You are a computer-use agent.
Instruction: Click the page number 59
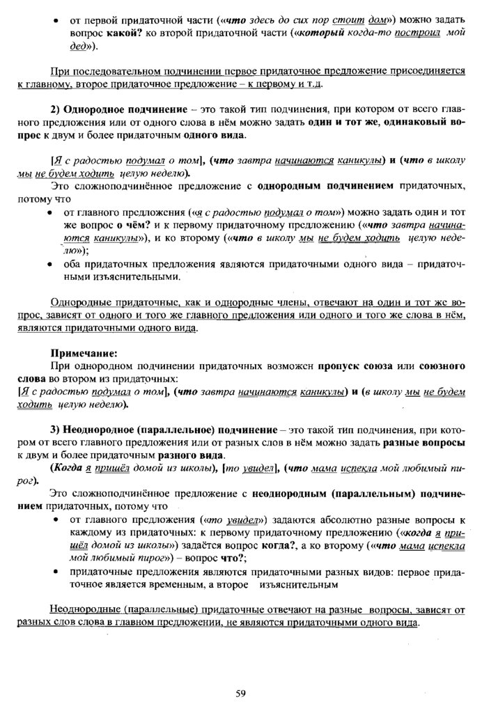coord(240,692)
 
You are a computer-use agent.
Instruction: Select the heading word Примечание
coord(84,353)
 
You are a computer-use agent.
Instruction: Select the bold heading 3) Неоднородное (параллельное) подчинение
coord(164,430)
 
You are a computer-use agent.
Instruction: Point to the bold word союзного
coord(440,366)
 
